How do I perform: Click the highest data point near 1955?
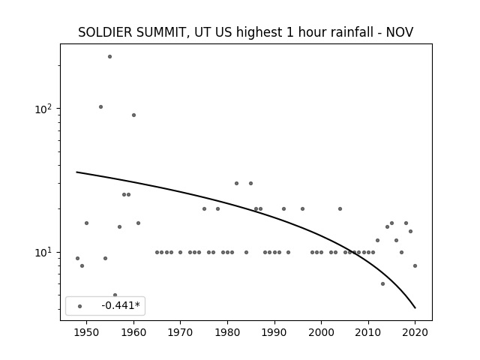click(x=110, y=57)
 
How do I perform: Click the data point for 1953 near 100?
click(x=100, y=106)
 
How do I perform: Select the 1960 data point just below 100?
click(x=133, y=115)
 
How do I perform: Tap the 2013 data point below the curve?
click(x=382, y=283)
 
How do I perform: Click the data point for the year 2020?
click(x=415, y=265)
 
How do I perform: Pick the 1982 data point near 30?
click(x=237, y=183)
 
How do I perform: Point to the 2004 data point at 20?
click(x=340, y=208)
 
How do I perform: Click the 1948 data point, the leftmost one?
click(x=77, y=258)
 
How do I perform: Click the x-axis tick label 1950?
click(x=87, y=333)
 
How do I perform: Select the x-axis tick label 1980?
click(x=227, y=333)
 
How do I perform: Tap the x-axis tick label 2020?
click(x=415, y=333)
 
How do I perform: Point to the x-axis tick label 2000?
click(x=321, y=333)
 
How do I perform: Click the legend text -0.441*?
click(x=121, y=305)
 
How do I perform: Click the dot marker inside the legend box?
click(x=80, y=306)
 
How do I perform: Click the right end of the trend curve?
click(x=415, y=308)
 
